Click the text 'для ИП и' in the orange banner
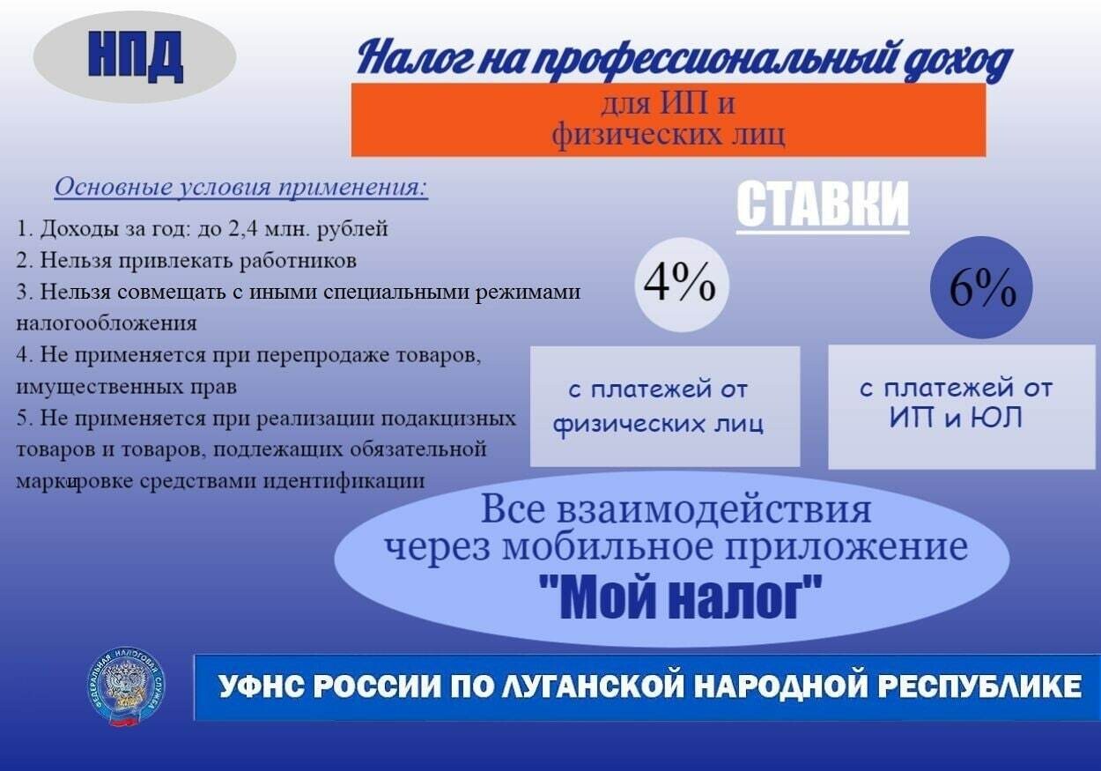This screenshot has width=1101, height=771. (668, 103)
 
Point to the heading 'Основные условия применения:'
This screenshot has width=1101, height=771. (240, 188)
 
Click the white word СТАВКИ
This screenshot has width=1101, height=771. (823, 204)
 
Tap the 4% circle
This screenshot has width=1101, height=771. (682, 285)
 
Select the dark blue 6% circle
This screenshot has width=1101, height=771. (981, 287)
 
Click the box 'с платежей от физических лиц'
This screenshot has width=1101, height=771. (665, 406)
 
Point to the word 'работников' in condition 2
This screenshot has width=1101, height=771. (298, 261)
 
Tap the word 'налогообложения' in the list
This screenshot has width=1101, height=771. (107, 323)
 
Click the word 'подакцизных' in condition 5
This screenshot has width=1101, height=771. (448, 419)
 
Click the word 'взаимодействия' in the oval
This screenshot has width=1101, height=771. (714, 510)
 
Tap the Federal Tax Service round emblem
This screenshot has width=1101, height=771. (127, 687)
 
